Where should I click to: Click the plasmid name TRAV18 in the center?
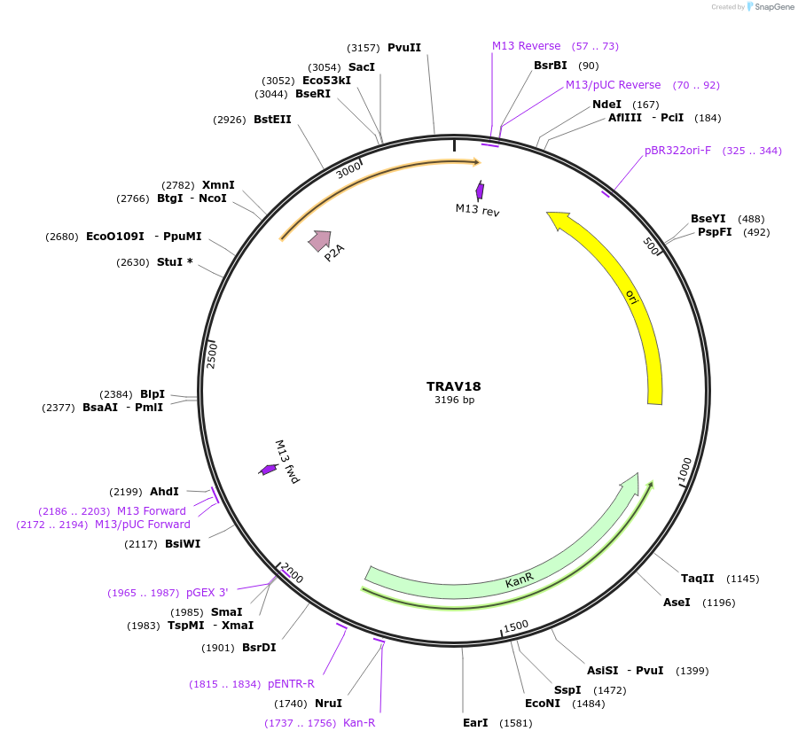click(x=453, y=386)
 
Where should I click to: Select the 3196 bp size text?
click(x=453, y=400)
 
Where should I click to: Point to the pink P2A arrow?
click(x=319, y=240)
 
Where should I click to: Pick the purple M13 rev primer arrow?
click(x=480, y=191)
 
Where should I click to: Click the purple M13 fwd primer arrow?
click(x=268, y=469)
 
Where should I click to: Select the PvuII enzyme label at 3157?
click(x=404, y=47)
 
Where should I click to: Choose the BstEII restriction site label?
click(x=272, y=119)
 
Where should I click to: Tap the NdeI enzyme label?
click(x=607, y=105)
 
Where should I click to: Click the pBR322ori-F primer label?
click(x=677, y=151)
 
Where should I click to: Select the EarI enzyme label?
click(x=475, y=722)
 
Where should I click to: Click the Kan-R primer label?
click(x=359, y=723)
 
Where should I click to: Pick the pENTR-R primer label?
click(x=291, y=684)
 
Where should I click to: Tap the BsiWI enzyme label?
click(x=183, y=544)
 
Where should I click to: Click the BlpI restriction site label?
click(x=153, y=394)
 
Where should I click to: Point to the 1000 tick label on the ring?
click(x=685, y=472)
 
